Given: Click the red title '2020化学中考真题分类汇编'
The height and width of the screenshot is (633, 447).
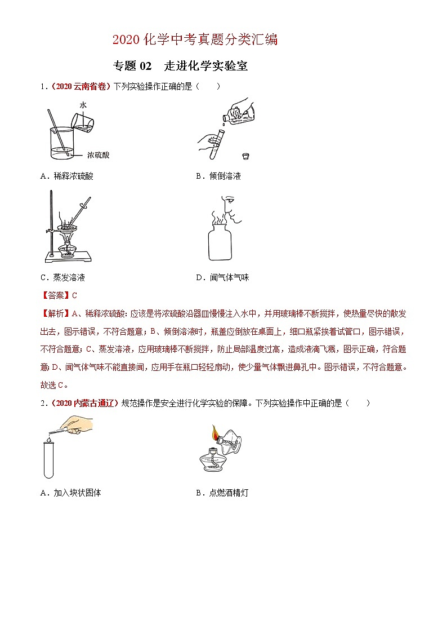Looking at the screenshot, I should [x=195, y=39].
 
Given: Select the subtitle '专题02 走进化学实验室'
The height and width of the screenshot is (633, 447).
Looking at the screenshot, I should [x=180, y=66].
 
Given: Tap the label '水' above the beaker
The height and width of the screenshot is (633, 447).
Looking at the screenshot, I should [x=83, y=105].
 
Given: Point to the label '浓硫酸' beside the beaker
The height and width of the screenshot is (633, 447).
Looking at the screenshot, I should [x=99, y=154].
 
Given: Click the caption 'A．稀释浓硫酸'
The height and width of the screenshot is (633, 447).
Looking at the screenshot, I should [x=67, y=176].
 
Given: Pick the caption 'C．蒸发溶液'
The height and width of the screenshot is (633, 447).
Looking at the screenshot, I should [x=62, y=277].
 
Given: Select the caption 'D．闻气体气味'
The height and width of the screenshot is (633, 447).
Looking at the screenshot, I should [x=222, y=277].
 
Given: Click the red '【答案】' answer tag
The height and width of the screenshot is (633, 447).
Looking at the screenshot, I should [x=55, y=295].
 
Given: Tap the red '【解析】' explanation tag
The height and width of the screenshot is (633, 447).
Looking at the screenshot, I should [x=55, y=313].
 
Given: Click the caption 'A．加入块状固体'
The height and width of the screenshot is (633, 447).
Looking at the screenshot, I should [x=71, y=493].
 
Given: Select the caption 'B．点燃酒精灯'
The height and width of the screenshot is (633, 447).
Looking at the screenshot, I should [x=222, y=493].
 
